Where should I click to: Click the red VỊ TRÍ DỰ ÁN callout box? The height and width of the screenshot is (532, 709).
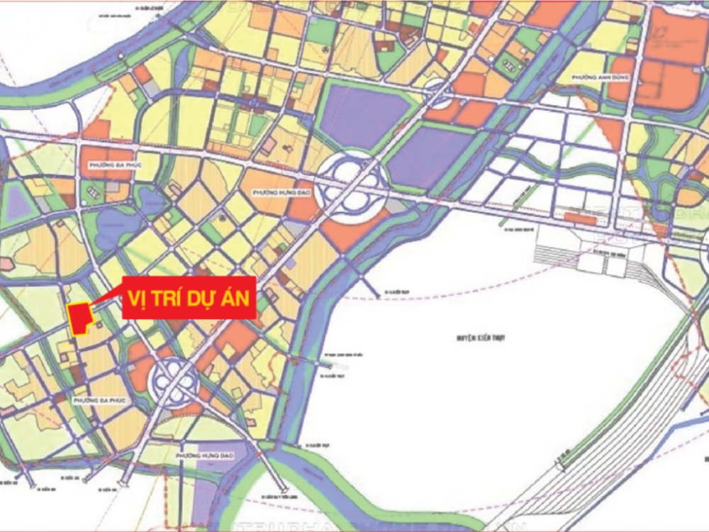pyautogui.click(x=189, y=298)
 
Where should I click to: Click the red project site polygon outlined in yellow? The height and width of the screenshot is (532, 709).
pyautogui.click(x=80, y=316)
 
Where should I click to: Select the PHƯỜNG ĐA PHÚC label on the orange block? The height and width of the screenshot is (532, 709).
pyautogui.click(x=112, y=165)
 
